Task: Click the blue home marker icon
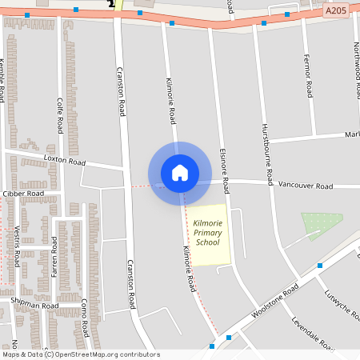point(180,172)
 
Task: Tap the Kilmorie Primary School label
point(207,231)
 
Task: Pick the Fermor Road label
point(307,76)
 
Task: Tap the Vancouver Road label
point(305,186)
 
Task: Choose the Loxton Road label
point(65,160)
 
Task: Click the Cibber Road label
point(23,194)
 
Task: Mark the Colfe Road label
point(60,115)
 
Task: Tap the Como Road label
point(84,317)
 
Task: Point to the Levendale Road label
point(313,336)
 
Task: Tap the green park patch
point(322,225)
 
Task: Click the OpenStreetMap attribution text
point(81,354)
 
